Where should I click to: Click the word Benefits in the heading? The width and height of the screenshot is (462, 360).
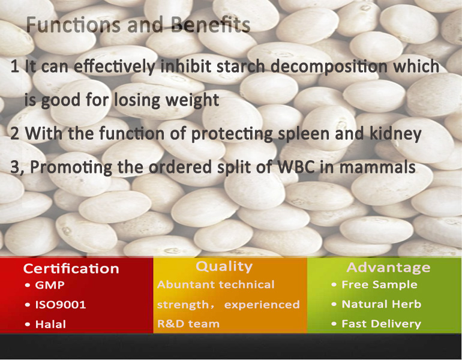211,24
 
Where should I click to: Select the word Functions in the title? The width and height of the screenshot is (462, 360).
73,24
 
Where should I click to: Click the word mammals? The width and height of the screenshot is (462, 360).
378,167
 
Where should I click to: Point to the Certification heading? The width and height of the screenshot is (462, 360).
71,269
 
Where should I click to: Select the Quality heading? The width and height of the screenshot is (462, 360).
224,267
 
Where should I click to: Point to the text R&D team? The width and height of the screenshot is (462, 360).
188,324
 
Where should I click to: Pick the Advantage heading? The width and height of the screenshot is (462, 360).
388,268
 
